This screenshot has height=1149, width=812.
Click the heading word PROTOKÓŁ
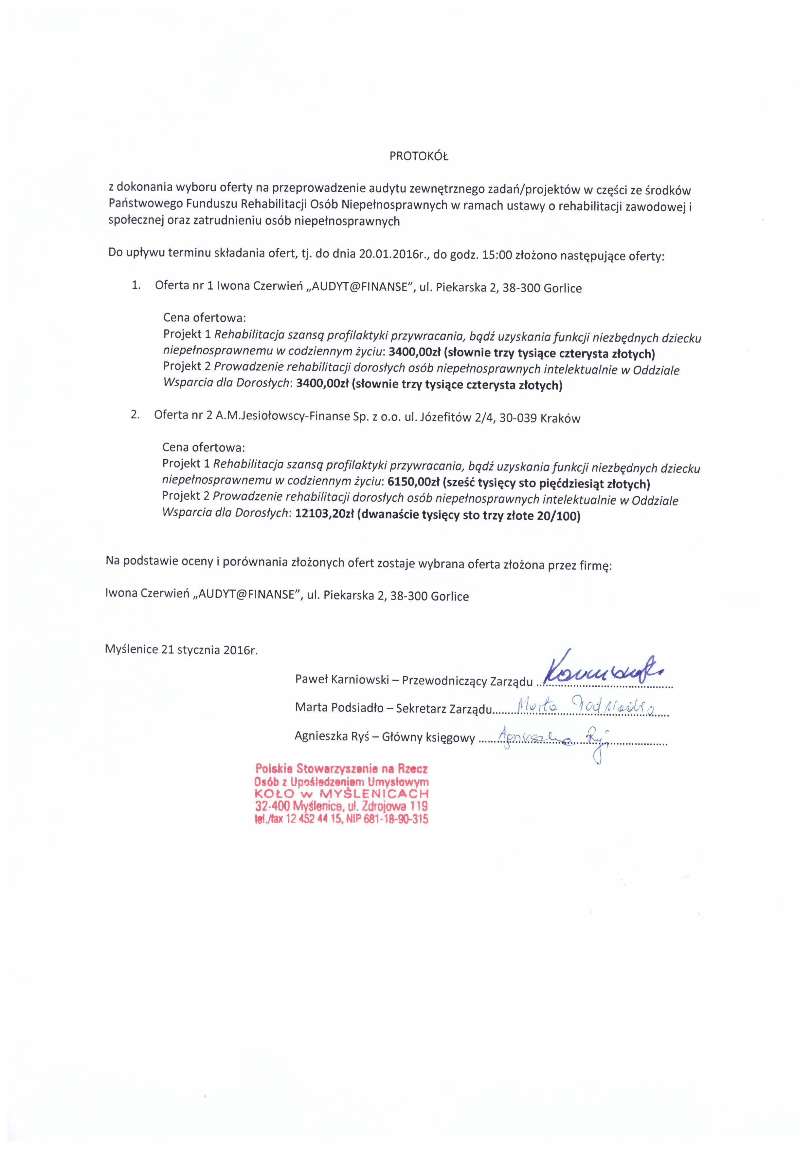tap(419, 157)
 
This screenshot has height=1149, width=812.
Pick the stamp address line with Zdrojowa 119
tap(341, 806)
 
